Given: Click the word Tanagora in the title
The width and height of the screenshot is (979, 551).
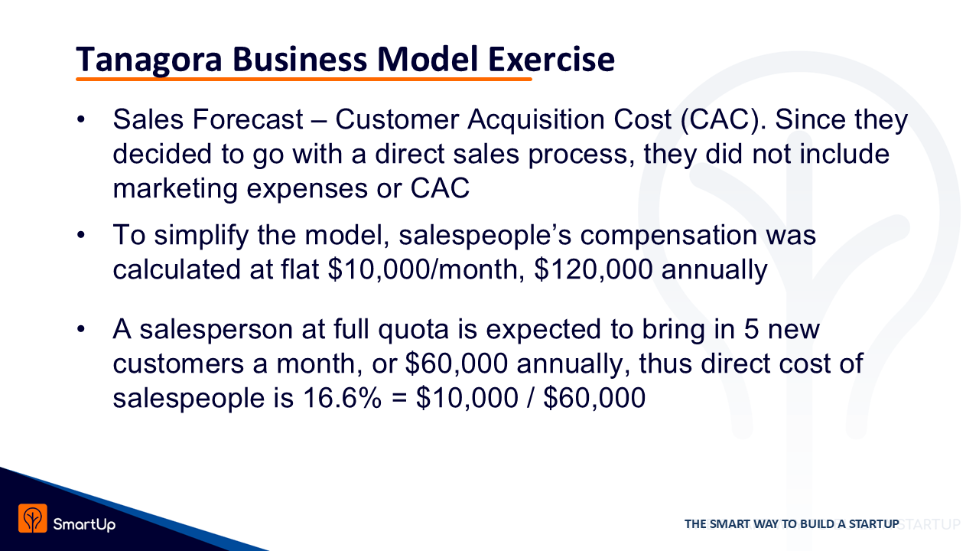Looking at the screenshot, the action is [x=149, y=60].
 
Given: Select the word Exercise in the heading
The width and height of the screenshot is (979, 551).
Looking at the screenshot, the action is [x=551, y=59].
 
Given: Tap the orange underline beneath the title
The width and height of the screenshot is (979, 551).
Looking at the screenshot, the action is [x=304, y=79].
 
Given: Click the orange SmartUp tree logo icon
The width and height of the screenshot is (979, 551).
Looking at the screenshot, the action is [x=32, y=518].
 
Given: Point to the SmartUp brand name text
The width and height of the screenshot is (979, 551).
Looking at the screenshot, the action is [x=84, y=524].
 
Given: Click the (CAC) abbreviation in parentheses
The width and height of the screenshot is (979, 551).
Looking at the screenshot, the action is [x=720, y=119].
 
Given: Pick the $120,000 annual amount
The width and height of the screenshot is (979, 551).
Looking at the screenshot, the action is [x=594, y=269].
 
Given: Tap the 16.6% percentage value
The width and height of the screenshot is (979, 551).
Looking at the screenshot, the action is [x=342, y=398].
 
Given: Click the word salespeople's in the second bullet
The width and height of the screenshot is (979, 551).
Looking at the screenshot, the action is [x=485, y=236].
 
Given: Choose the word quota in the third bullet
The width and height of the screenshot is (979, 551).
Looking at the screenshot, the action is [x=413, y=330].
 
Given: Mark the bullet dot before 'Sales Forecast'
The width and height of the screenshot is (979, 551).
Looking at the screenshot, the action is [x=81, y=119].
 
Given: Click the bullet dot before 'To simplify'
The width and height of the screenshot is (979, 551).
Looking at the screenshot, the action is [x=81, y=235].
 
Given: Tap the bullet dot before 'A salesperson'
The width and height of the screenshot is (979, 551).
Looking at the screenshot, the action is [x=81, y=329].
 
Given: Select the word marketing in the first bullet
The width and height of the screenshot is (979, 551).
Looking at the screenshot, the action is [x=175, y=189].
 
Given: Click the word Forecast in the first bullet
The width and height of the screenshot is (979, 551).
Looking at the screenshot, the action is [x=248, y=119].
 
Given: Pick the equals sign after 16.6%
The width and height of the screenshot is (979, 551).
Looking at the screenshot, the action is [x=399, y=399].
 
